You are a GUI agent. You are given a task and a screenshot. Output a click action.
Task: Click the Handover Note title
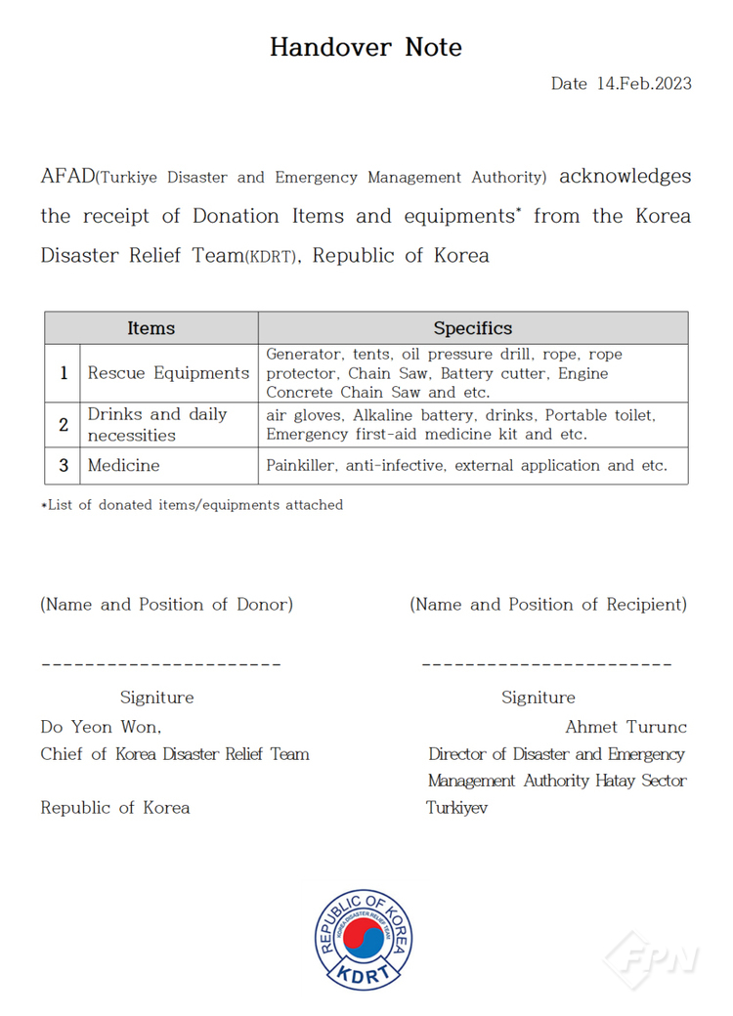tap(366, 47)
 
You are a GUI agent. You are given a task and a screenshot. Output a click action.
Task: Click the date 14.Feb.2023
tap(643, 83)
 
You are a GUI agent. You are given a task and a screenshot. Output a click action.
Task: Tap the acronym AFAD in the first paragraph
tap(67, 177)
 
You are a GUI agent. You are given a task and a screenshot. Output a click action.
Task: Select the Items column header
tap(151, 328)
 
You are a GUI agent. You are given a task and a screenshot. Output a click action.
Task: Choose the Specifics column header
tap(473, 328)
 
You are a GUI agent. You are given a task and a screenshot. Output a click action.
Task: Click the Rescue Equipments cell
tap(168, 373)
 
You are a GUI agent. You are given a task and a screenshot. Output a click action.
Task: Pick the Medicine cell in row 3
tap(123, 465)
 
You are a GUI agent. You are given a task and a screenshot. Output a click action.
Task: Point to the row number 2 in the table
tap(64, 425)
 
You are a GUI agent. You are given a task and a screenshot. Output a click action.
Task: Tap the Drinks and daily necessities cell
tap(156, 425)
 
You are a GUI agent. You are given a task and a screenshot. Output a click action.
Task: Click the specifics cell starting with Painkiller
tap(467, 465)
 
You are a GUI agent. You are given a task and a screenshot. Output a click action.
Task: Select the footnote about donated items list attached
tap(192, 505)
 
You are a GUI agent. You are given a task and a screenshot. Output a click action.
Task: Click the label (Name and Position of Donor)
tap(166, 605)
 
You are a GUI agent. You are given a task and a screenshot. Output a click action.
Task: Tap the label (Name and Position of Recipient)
tap(548, 605)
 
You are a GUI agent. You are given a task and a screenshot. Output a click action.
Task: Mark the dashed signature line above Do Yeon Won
tap(161, 664)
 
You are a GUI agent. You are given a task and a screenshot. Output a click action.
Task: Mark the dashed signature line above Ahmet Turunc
tap(546, 664)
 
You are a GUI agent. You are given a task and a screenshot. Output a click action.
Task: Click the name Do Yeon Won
tap(101, 727)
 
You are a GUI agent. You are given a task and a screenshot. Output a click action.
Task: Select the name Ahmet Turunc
tap(625, 727)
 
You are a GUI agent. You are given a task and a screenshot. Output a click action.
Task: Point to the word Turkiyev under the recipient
tap(456, 808)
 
